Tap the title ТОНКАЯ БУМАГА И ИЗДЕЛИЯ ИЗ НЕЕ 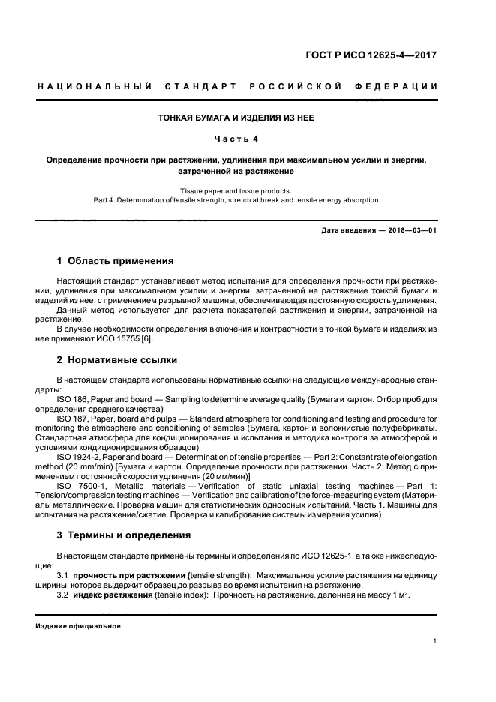point(236,118)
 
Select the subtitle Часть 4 point(236,139)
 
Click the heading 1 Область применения point(116,261)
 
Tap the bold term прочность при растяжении point(121,575)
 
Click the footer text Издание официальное point(78,625)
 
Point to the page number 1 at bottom point(435,641)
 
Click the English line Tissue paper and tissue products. point(236,190)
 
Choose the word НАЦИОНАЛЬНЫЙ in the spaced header point(96,86)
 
